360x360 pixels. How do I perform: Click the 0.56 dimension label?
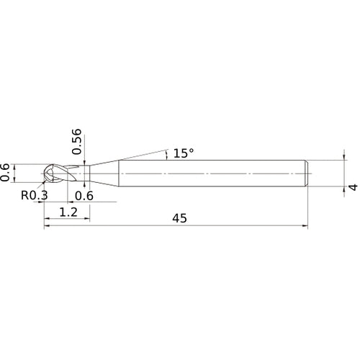tap(77, 142)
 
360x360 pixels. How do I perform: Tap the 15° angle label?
tap(184, 153)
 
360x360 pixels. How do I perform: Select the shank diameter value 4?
tap(353, 187)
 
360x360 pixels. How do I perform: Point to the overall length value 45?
tap(179, 218)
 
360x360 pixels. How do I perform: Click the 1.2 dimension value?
tap(68, 212)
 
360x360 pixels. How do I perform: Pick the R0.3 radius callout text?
tap(35, 195)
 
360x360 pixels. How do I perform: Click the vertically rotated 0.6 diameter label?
tap(4, 172)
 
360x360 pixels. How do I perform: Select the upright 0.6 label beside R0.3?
tap(84, 196)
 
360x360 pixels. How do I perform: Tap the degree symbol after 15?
tap(192, 150)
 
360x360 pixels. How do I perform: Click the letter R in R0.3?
tap(24, 195)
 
